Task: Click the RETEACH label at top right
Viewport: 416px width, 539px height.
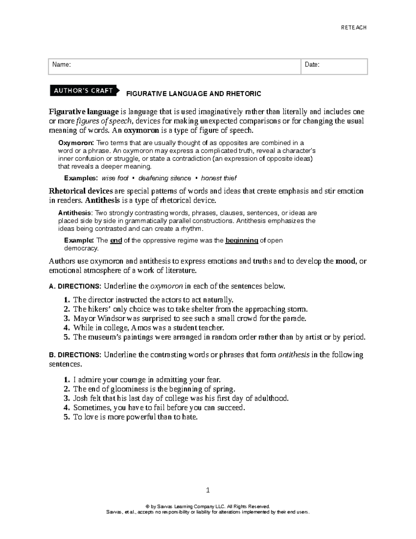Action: [354, 28]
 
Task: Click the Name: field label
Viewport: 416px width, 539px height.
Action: [61, 65]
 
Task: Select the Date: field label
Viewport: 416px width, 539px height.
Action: [312, 65]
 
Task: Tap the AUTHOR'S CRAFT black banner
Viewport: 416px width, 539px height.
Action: [83, 91]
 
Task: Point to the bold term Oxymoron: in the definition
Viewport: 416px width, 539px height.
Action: [75, 143]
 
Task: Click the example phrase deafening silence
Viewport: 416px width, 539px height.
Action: [164, 178]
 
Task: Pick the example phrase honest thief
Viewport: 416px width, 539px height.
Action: [218, 178]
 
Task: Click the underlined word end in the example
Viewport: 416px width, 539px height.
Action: [116, 240]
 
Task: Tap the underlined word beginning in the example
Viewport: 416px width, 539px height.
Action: [242, 240]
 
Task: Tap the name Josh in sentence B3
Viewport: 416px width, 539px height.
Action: [80, 398]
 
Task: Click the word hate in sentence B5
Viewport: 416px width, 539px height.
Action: [189, 417]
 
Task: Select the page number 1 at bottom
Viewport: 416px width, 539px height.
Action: [208, 490]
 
